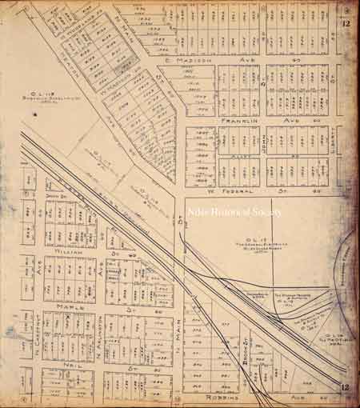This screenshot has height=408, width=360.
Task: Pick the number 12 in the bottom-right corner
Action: pos(345,389)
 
